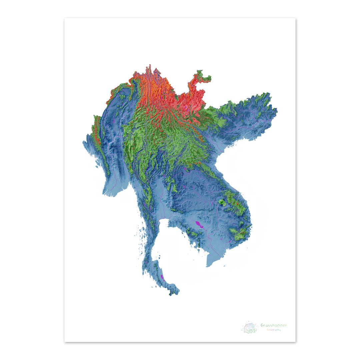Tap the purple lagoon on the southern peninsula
point(162,277)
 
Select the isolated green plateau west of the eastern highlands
point(221,202)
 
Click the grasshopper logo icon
point(250,327)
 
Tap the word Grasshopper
point(273,325)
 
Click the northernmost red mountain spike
point(150,66)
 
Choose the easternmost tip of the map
point(277,110)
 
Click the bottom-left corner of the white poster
point(65,341)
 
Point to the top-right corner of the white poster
point(295,18)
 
